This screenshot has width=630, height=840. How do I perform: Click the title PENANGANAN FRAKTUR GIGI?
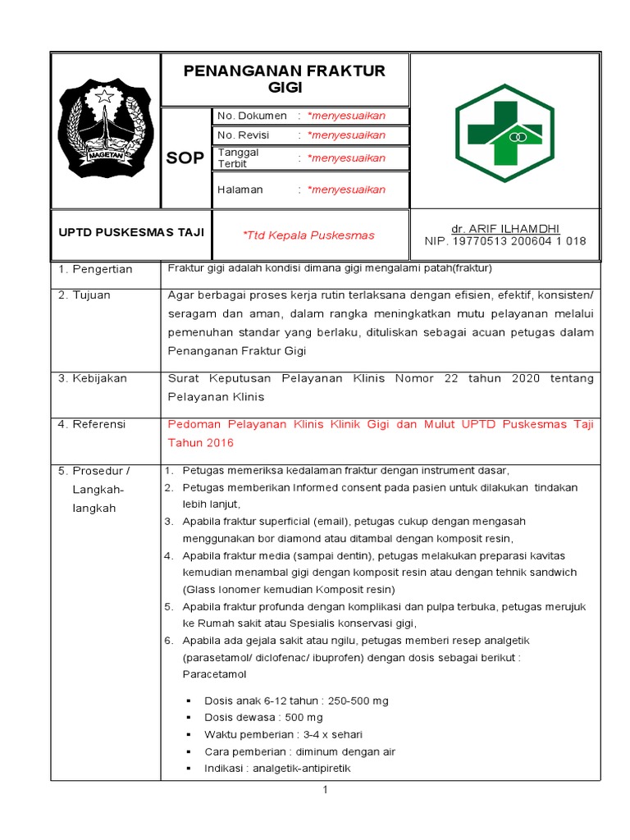(x=285, y=80)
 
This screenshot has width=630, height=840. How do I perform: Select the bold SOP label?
(x=185, y=157)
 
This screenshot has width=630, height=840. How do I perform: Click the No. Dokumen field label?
(x=252, y=116)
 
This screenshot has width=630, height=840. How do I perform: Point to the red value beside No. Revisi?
(x=345, y=135)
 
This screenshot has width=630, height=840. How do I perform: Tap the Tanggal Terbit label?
(x=239, y=157)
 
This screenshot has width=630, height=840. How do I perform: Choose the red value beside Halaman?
(x=345, y=189)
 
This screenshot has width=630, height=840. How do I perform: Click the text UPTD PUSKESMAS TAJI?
(x=130, y=232)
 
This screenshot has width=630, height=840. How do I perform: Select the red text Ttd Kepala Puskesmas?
(x=308, y=235)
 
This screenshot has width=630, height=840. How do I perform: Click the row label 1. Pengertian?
(x=95, y=269)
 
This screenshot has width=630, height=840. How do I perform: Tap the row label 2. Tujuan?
(x=84, y=294)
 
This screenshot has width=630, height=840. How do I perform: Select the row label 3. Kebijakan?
(x=92, y=378)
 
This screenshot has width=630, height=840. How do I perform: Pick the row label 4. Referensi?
(x=92, y=424)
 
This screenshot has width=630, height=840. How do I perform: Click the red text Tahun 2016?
(x=201, y=443)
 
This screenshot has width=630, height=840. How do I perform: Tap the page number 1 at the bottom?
(x=325, y=790)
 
